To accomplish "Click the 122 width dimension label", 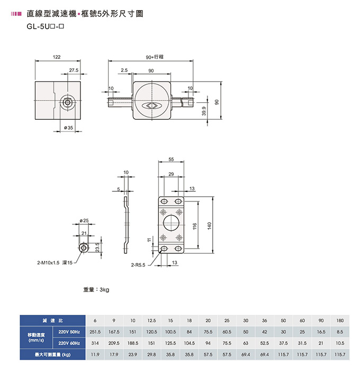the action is [x=57, y=57].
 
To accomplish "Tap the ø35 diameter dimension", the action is [x=68, y=128].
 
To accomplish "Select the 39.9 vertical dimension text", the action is [x=204, y=111].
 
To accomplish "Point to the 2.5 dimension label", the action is [x=124, y=70].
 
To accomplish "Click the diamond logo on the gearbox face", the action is [x=151, y=105].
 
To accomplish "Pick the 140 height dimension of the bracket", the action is [x=210, y=226].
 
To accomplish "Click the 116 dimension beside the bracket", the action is [x=195, y=226].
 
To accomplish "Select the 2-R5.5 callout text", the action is [x=138, y=265].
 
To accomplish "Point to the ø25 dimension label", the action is [x=84, y=220].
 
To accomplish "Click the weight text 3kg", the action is [x=96, y=289].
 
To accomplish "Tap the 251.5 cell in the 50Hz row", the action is [x=95, y=332].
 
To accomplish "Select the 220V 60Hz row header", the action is [x=69, y=343].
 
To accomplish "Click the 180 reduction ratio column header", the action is [x=340, y=321].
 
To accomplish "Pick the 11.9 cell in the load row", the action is [x=95, y=355].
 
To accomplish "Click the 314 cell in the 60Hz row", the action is [x=95, y=343].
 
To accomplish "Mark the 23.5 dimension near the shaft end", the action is [x=97, y=248].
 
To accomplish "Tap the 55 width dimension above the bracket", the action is [x=171, y=159].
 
